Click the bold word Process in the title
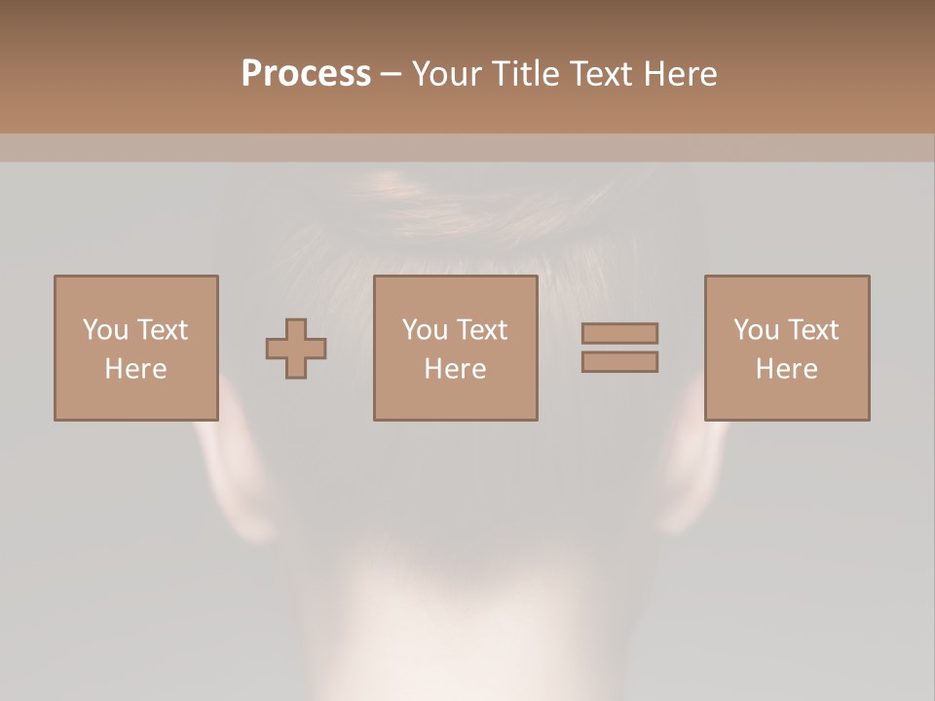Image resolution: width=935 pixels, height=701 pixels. click(x=306, y=74)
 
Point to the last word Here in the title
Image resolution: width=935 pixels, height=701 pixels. click(x=682, y=74)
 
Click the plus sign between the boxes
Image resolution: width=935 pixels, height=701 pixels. click(x=296, y=349)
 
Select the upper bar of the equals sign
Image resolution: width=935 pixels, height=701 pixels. click(x=619, y=333)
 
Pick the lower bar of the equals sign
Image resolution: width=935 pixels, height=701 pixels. click(x=619, y=361)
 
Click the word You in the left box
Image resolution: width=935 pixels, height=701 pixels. click(x=105, y=330)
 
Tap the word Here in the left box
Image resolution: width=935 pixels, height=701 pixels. click(x=135, y=369)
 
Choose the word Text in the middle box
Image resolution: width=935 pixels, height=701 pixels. click(x=482, y=330)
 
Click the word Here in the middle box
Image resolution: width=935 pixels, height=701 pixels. click(x=455, y=369)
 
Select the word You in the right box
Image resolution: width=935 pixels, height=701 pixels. click(x=756, y=330)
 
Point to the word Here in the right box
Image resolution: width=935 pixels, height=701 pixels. click(x=786, y=369)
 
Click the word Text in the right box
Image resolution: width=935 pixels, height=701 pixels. click(x=813, y=330)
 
